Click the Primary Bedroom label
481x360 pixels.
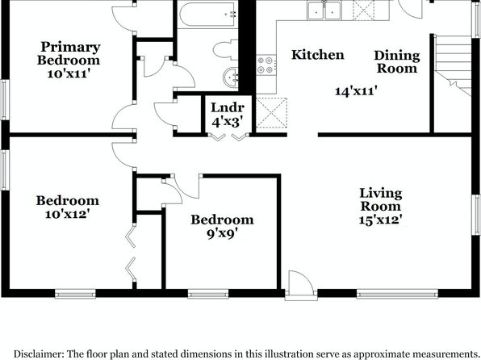point(69,53)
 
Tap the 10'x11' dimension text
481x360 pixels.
point(69,73)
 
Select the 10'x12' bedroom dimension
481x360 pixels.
point(67,214)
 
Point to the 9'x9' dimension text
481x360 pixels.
point(222,234)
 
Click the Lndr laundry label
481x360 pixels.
point(228,107)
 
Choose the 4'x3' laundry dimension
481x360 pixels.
point(228,122)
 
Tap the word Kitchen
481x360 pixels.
point(318,55)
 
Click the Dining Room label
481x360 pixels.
point(397,61)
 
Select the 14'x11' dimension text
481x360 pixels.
point(356,91)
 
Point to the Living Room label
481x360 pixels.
point(381,199)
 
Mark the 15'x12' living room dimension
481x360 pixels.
point(381,220)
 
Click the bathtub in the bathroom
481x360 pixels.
point(207,14)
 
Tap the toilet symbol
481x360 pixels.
point(226,50)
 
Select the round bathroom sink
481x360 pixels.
point(231,77)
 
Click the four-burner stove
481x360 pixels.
point(266,65)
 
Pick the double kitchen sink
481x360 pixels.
point(324,10)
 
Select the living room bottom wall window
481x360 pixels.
point(398,294)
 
